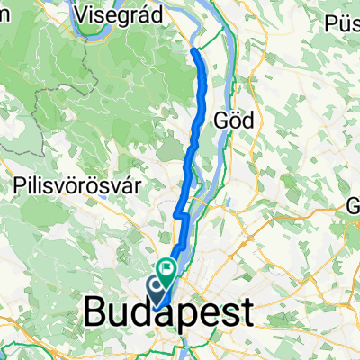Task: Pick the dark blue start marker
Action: pyautogui.click(x=156, y=289)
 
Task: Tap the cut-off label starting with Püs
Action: pyautogui.click(x=344, y=19)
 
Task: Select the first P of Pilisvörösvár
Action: pyautogui.click(x=21, y=187)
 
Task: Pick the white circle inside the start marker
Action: pyautogui.click(x=156, y=287)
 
